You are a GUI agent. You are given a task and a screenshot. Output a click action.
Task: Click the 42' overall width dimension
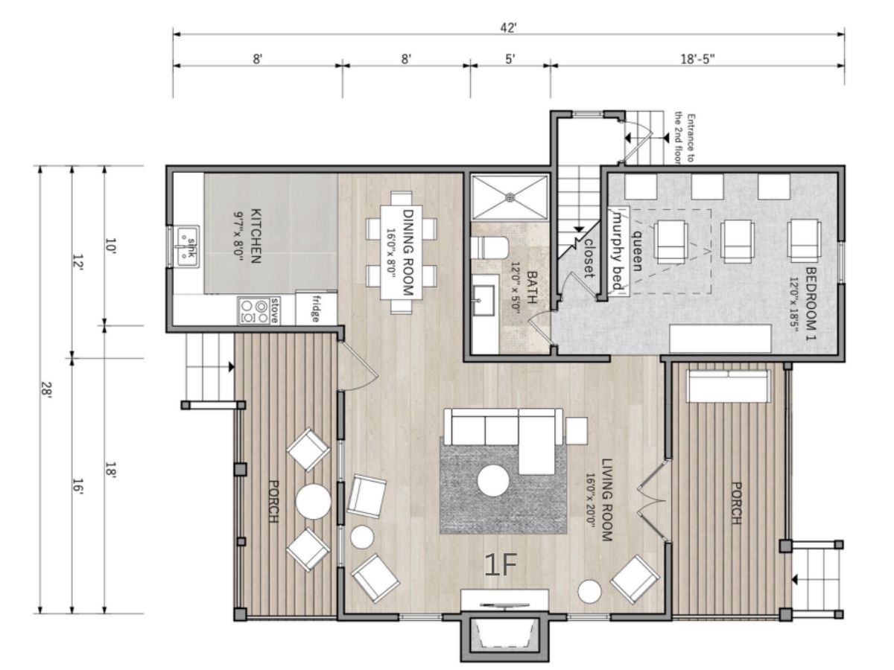(508, 28)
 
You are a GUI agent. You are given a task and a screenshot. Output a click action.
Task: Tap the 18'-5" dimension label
(697, 59)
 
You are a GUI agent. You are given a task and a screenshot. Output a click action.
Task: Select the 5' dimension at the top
(510, 59)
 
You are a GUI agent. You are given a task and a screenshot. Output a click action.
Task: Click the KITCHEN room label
(256, 236)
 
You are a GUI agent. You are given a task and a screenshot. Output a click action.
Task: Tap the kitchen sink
(188, 246)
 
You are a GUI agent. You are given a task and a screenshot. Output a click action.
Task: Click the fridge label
(315, 308)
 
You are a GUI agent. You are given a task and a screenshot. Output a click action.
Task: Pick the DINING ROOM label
(408, 252)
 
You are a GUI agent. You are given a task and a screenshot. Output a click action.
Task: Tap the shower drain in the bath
(510, 197)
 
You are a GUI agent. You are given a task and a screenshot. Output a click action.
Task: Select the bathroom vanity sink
(484, 300)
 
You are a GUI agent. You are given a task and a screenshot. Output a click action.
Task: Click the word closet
(589, 258)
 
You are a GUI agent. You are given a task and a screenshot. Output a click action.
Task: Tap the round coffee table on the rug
(493, 481)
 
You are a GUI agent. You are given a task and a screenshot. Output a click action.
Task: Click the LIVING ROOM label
(607, 500)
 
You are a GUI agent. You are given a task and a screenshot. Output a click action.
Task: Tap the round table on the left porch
(313, 502)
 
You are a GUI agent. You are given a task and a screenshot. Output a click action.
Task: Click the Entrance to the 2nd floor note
(684, 138)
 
